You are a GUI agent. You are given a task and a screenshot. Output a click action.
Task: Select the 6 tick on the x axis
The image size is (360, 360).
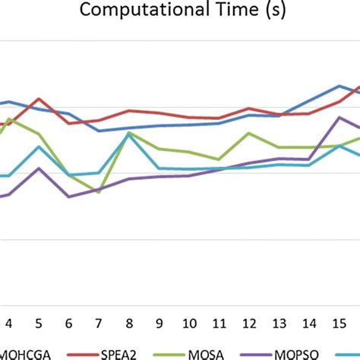[69, 321]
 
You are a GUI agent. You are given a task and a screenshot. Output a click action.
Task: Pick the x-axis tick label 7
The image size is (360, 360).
[99, 321]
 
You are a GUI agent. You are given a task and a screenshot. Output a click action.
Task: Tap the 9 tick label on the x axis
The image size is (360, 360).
[159, 321]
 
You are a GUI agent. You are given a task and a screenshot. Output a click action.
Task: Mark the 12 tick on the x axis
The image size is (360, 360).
[249, 321]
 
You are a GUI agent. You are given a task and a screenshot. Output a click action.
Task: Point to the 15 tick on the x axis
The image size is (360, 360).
[339, 321]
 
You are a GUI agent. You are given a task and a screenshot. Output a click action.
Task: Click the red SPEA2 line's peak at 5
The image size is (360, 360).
[39, 99]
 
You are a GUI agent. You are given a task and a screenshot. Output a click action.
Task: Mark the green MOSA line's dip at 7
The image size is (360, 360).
[99, 192]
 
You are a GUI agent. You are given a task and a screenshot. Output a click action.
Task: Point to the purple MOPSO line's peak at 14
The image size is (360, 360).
[339, 118]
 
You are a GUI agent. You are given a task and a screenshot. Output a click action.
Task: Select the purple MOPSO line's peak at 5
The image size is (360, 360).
[39, 169]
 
